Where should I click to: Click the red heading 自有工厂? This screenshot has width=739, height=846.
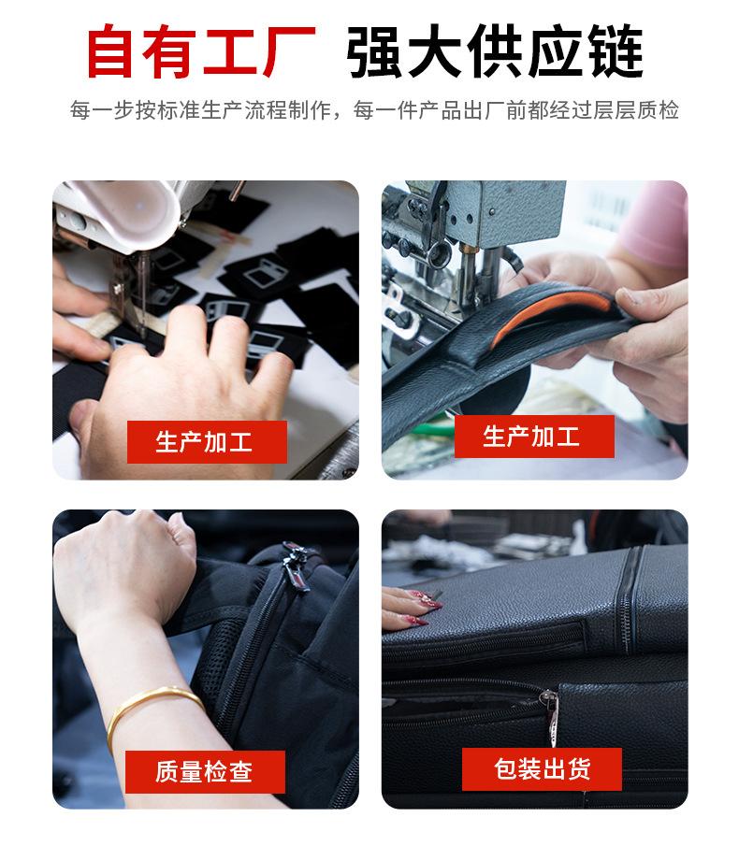201,51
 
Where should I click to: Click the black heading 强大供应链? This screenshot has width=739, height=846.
495,51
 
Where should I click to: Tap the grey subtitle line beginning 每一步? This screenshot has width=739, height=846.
374,110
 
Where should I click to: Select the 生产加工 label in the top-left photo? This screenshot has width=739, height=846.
207,442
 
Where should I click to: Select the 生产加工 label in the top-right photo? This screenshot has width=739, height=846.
534,437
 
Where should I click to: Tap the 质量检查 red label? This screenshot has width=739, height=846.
205,771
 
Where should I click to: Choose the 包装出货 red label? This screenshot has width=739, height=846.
542,769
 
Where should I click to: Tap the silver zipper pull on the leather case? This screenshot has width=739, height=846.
551,714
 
